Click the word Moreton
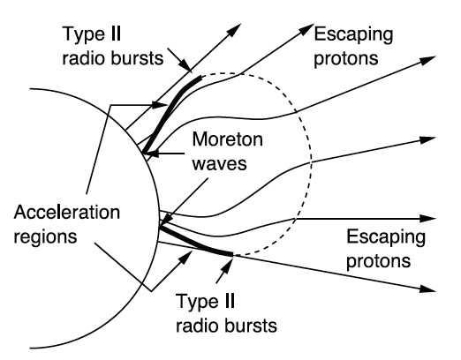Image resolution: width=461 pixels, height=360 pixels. pyautogui.click(x=227, y=139)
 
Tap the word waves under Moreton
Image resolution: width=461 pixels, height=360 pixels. pyautogui.click(x=219, y=163)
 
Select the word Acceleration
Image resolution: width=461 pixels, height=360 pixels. pyautogui.click(x=67, y=212)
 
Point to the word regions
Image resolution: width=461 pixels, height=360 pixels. pyautogui.click(x=45, y=236)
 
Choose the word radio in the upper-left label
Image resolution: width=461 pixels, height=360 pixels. pyautogui.click(x=83, y=58)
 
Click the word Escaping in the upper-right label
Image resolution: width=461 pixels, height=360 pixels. pyautogui.click(x=353, y=35)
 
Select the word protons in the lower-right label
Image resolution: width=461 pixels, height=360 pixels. pyautogui.click(x=378, y=261)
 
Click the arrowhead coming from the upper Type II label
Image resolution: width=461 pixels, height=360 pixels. pyautogui.click(x=185, y=64)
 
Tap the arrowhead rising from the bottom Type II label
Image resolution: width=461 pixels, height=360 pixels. pyautogui.click(x=226, y=264)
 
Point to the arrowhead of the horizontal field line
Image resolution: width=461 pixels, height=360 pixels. pyautogui.click(x=427, y=219)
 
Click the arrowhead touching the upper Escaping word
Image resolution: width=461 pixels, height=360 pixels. pyautogui.click(x=307, y=29)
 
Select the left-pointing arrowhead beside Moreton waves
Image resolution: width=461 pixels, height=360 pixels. pyautogui.click(x=151, y=154)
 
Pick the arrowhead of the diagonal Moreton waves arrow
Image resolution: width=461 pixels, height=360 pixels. pyautogui.click(x=166, y=219)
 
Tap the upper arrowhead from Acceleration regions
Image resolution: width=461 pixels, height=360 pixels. pyautogui.click(x=160, y=105)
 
